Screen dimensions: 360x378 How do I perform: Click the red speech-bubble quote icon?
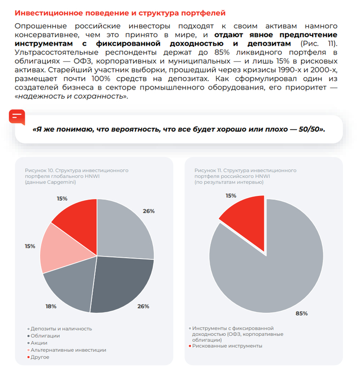pyautogui.click(x=17, y=117)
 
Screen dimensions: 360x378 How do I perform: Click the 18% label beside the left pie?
pyautogui.click(x=51, y=307)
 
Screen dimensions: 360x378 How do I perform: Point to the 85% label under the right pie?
pyautogui.click(x=302, y=313)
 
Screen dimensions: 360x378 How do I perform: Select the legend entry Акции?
pyautogui.click(x=38, y=343)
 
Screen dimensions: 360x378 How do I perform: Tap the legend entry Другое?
pyautogui.click(x=39, y=357)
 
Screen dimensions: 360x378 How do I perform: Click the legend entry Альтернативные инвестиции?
pyautogui.click(x=67, y=350)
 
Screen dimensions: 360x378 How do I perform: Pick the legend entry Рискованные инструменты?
pyautogui.click(x=225, y=346)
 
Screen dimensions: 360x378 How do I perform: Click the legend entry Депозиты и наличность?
pyautogui.click(x=60, y=329)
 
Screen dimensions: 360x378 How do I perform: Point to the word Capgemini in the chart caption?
pyautogui.click(x=61, y=182)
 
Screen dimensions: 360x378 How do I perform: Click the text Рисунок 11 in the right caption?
pyautogui.click(x=208, y=170)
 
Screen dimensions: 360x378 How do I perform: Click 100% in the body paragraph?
pyautogui.click(x=101, y=79)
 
